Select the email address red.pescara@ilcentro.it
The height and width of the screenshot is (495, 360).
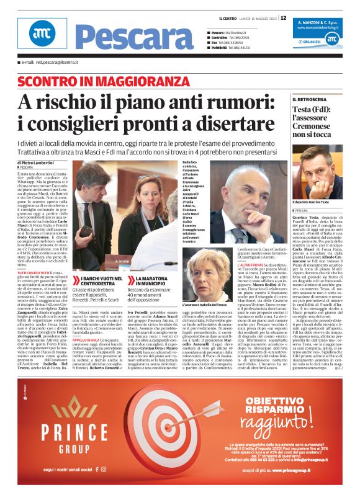click(x=50, y=63)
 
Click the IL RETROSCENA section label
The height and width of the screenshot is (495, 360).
click(x=313, y=99)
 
